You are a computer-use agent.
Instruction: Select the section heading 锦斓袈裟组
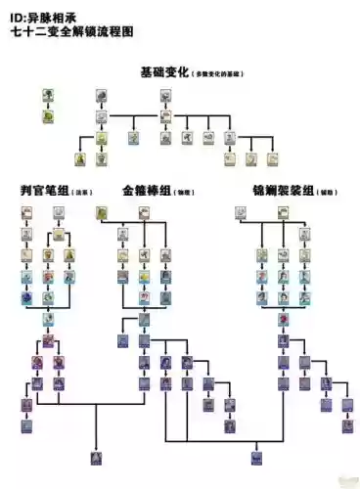click(274, 190)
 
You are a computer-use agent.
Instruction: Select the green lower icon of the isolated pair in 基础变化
click(48, 115)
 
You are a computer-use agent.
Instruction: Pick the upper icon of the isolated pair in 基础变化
click(48, 96)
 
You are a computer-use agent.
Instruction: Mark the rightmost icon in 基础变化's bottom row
click(273, 158)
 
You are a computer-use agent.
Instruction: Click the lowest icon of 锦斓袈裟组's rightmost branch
click(348, 425)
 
